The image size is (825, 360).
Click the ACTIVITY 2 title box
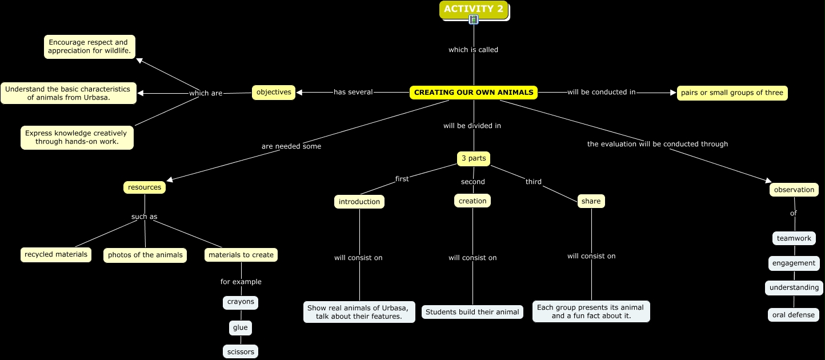point(474,9)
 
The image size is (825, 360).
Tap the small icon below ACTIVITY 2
point(474,20)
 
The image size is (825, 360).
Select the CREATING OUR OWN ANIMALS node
point(474,93)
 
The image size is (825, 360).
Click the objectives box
point(274,93)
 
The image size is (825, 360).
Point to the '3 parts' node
point(474,158)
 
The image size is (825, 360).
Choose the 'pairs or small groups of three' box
point(732,93)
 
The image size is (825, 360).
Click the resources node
point(145,187)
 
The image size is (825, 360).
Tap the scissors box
point(241,352)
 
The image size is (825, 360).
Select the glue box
point(240,328)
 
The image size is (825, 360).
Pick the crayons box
point(241,302)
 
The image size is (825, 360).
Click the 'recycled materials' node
point(56,255)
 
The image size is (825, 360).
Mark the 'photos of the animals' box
point(145,255)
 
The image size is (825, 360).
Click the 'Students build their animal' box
point(472,312)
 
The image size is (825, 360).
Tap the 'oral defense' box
point(794,315)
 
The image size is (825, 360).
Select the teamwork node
point(794,238)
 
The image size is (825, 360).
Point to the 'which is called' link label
point(473,50)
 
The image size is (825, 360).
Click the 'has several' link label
point(353,92)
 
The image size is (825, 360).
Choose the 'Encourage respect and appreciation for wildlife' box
point(90,47)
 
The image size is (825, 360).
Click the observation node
point(794,190)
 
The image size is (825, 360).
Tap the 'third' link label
point(534,182)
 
